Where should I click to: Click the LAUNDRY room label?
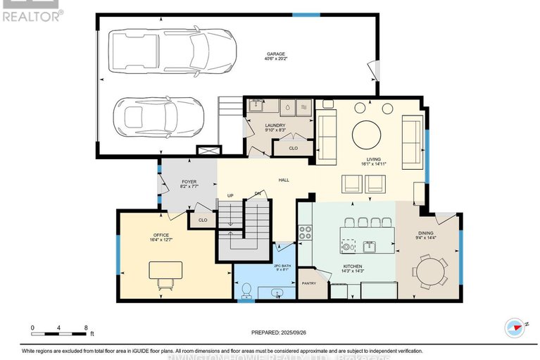point(275,125)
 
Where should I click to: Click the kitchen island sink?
point(369,247)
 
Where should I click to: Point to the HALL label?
point(284,180)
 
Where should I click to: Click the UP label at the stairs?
point(230,195)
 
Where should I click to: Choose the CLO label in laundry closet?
point(293,148)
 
